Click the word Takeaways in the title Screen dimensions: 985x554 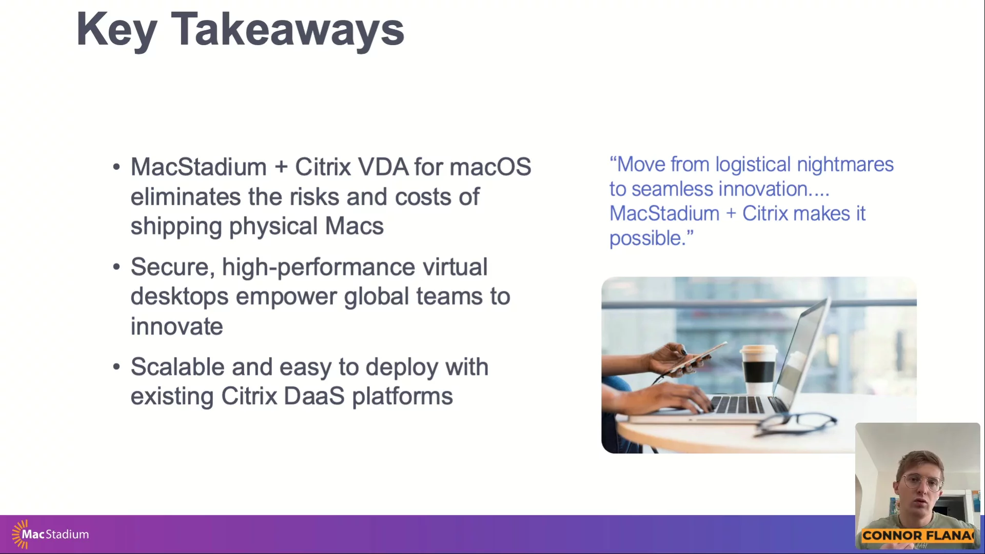pyautogui.click(x=287, y=30)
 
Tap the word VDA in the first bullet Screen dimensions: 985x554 pyautogui.click(x=383, y=167)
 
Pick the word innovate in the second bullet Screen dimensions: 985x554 pyautogui.click(x=176, y=327)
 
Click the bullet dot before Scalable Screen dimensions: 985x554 pyautogui.click(x=116, y=367)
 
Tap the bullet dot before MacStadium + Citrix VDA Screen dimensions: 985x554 pyautogui.click(x=116, y=167)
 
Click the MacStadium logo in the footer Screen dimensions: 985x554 pyautogui.click(x=50, y=534)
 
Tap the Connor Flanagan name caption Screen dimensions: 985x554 pyautogui.click(x=918, y=536)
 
